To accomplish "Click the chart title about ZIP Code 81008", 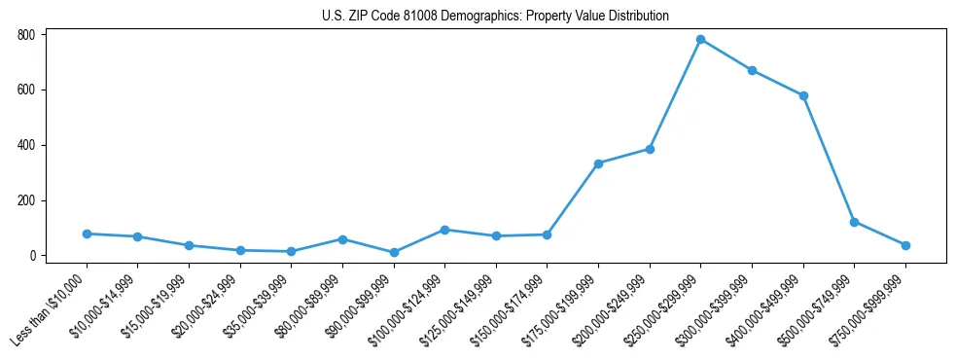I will (x=495, y=16).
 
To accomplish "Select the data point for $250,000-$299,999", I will (x=700, y=40).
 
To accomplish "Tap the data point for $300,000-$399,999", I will (x=752, y=70).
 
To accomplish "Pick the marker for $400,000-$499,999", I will (x=803, y=95).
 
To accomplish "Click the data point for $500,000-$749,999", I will (x=854, y=222).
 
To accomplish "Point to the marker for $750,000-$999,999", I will (x=905, y=245).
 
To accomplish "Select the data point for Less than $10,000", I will (x=87, y=234).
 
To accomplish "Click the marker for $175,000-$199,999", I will (x=598, y=163).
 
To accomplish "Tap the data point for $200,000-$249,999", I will (x=650, y=149).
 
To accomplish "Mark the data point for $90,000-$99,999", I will (x=394, y=252).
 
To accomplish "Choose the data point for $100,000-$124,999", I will (x=444, y=230).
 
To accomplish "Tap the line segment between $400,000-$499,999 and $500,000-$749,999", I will (x=829, y=159).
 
